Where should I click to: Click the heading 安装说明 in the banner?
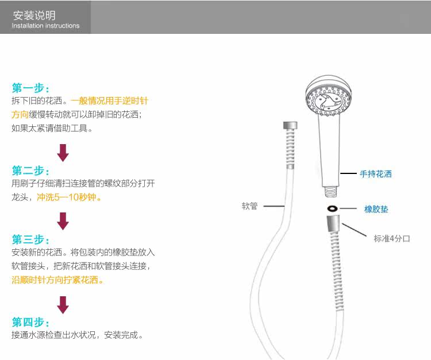[x=34, y=15]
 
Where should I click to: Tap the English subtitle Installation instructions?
[x=45, y=26]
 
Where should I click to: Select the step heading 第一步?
[x=30, y=88]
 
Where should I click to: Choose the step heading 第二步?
[x=30, y=171]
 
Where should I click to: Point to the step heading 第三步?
[x=30, y=239]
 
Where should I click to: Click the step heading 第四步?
[x=30, y=322]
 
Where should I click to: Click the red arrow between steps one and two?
[x=63, y=153]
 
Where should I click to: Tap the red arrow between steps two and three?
[x=63, y=221]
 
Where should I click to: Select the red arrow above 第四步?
[x=63, y=304]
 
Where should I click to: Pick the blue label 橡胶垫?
[x=376, y=209]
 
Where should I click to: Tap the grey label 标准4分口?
[x=392, y=238]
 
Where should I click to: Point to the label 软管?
[x=249, y=206]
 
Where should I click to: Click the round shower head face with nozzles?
[x=326, y=101]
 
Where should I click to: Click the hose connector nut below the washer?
[x=332, y=225]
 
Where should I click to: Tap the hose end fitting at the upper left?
[x=291, y=127]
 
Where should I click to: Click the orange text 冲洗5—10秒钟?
[x=70, y=197]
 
